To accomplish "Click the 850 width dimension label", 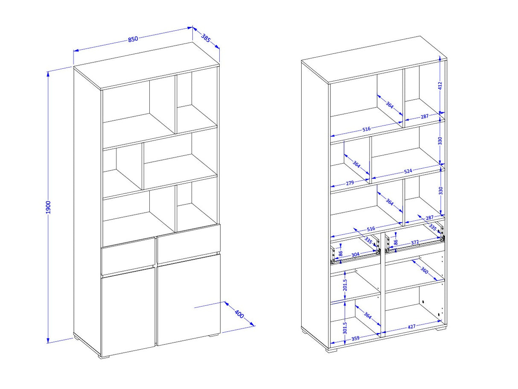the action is (133, 39).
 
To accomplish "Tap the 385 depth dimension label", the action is (206, 38).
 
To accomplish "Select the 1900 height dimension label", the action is (48, 207).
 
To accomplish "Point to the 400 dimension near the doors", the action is (239, 314).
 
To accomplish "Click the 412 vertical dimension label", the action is (439, 86).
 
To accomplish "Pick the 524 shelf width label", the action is (408, 171).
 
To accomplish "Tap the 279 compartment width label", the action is (350, 183).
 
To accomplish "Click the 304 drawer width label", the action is (355, 254).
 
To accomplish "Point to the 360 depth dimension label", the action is (424, 270).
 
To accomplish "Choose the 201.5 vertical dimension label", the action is (345, 285).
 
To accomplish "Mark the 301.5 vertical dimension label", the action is (345, 328).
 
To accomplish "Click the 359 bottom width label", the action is (355, 338).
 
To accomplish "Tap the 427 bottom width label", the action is (411, 327).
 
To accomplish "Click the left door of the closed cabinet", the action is (128, 311).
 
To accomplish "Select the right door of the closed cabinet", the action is (189, 299).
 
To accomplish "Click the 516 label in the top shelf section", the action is (366, 129).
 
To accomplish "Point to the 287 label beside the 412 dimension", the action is (424, 116).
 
